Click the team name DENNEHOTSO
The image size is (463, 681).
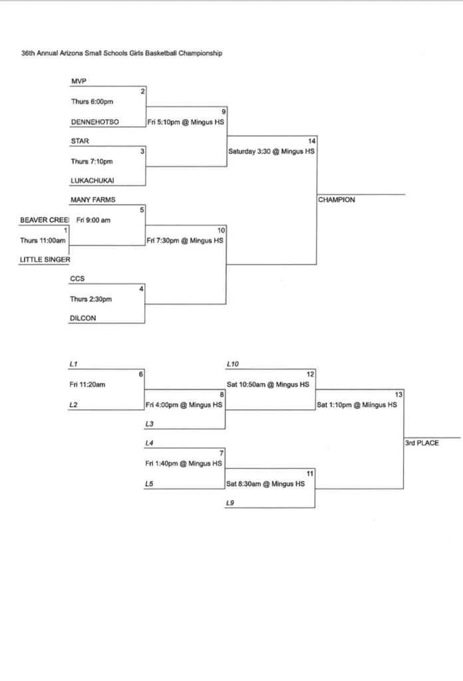click(x=94, y=122)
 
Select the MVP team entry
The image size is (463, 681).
click(x=78, y=82)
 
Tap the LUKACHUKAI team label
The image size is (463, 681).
click(x=92, y=181)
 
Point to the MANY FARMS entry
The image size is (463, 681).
click(x=92, y=200)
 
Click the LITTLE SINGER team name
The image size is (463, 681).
click(x=45, y=260)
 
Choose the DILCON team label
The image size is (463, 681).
click(x=83, y=318)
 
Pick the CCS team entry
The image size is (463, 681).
click(x=77, y=279)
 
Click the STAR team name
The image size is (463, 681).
click(x=79, y=141)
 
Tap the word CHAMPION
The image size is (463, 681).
click(x=337, y=200)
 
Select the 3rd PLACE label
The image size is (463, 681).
click(x=422, y=443)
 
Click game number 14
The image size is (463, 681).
click(x=311, y=141)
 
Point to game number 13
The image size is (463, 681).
click(x=398, y=394)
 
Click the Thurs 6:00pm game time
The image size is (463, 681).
click(x=92, y=102)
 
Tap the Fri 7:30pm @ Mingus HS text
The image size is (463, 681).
click(x=185, y=240)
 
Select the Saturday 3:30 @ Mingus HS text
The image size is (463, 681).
click(x=271, y=151)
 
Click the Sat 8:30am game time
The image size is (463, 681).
click(x=265, y=483)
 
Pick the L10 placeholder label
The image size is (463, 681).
click(x=232, y=364)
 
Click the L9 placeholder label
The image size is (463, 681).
click(x=230, y=503)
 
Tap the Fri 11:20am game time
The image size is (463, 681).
click(x=87, y=384)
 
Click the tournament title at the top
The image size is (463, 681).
click(x=122, y=53)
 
